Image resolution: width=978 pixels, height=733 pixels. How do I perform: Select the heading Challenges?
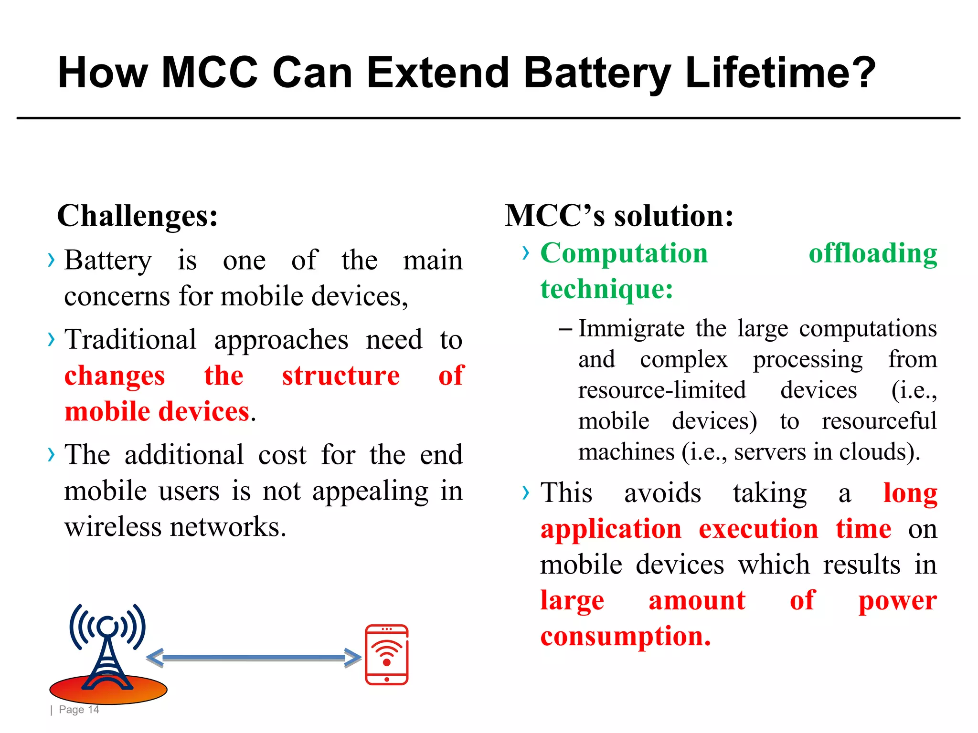(138, 216)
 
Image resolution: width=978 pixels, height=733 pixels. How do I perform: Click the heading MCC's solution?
(619, 216)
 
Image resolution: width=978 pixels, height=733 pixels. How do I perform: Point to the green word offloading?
(873, 253)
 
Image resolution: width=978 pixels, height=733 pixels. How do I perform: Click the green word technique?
(607, 289)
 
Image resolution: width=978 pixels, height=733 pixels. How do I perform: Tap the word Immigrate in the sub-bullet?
(632, 329)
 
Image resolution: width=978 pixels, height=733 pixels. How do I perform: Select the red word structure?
(341, 376)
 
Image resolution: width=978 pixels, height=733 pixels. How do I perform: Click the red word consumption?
(626, 636)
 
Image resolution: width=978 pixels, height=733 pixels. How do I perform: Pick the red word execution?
(758, 529)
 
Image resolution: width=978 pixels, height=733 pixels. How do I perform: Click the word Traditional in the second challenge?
(130, 340)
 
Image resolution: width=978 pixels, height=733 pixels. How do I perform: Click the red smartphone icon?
(387, 654)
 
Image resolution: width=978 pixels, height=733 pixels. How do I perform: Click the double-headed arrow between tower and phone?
(254, 658)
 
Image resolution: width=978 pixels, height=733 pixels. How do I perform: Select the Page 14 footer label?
(79, 710)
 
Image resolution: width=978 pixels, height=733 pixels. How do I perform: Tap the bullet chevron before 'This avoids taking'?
(526, 492)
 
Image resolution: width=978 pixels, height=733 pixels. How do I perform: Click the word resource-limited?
(662, 390)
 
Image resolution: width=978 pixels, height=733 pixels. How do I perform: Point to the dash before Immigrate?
(565, 329)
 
